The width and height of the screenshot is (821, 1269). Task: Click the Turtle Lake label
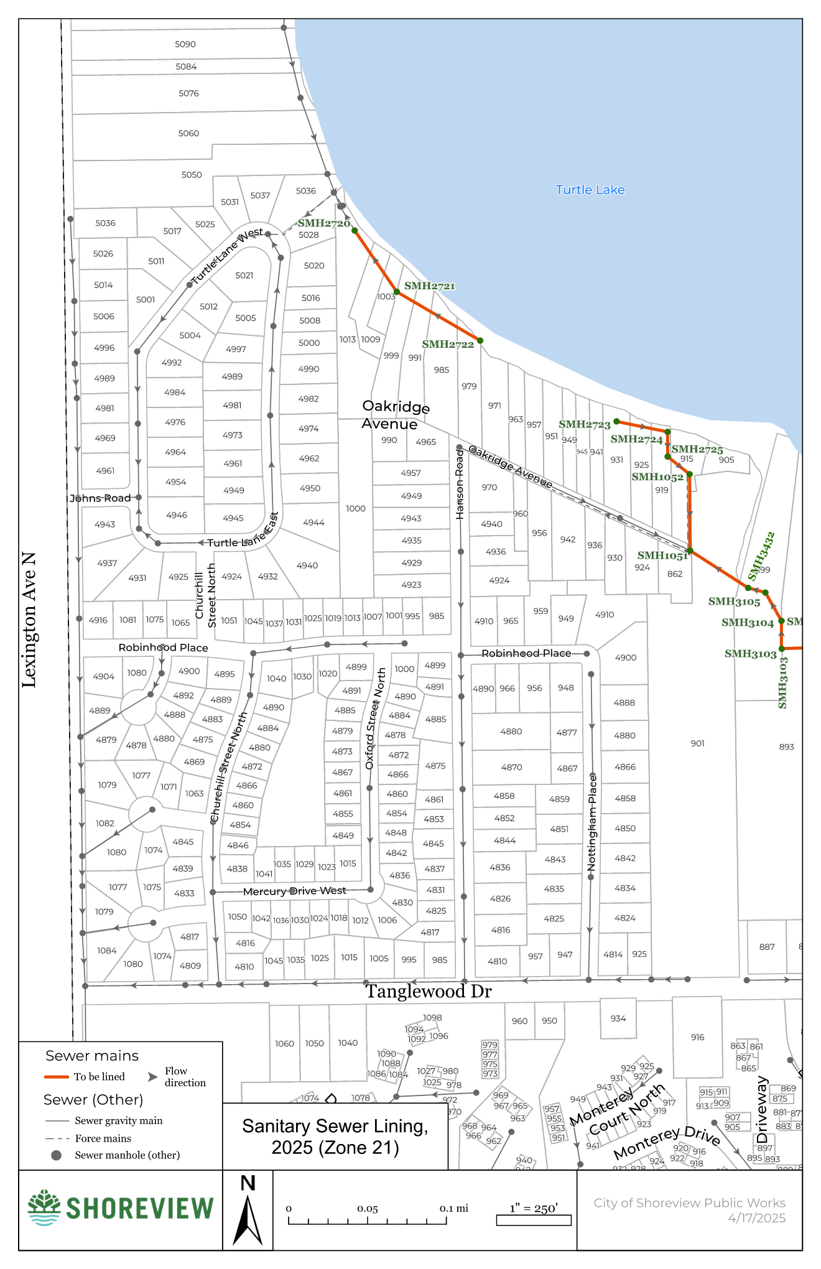[x=590, y=190]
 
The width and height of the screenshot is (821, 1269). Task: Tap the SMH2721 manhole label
[x=429, y=286]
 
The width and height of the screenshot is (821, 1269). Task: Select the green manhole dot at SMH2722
[x=480, y=341]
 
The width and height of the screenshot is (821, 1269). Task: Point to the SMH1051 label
[x=662, y=555]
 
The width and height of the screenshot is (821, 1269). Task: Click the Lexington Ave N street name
[x=29, y=620]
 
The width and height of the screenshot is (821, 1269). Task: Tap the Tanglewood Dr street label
[x=428, y=992]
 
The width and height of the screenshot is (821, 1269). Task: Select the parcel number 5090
[x=185, y=44]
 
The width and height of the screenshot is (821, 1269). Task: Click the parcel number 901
[x=697, y=743]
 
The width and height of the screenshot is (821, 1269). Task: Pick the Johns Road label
[x=100, y=498]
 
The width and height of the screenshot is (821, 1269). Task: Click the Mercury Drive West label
[x=294, y=891]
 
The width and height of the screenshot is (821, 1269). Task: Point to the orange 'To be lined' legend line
[x=56, y=1077]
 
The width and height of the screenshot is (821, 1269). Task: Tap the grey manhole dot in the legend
[x=56, y=1155]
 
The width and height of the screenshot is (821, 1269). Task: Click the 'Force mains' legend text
[x=103, y=1138]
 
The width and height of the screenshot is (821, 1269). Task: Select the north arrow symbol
[x=248, y=1219]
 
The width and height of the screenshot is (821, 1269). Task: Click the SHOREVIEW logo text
[x=139, y=1209]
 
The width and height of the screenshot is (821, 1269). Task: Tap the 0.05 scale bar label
[x=367, y=1209]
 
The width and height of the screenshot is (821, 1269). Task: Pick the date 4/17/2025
[x=756, y=1218]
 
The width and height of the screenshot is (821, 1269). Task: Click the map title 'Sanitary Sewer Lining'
[x=335, y=1127]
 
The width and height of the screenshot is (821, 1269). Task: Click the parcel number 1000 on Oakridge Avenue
[x=356, y=509]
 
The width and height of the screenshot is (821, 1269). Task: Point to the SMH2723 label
[x=584, y=424]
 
